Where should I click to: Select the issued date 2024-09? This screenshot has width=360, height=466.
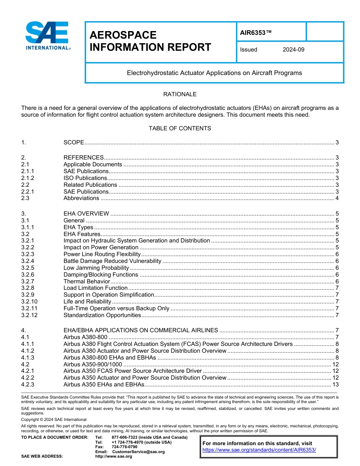click(293, 50)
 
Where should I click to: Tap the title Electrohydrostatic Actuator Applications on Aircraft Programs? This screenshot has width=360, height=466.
click(214, 73)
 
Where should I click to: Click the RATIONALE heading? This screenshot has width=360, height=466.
click(180, 94)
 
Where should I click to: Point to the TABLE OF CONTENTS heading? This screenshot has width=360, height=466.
click(180, 128)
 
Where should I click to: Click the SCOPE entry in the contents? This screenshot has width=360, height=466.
click(74, 142)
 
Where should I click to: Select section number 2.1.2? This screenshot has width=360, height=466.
click(28, 178)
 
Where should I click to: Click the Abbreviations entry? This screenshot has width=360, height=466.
click(81, 198)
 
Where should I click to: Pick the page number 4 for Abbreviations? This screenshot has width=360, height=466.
click(337, 198)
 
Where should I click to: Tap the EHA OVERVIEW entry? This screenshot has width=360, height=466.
click(86, 214)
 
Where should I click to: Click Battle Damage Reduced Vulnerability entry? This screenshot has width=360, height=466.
click(112, 261)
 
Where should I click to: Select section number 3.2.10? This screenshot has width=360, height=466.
click(29, 302)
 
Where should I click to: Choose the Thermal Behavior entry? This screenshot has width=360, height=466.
click(86, 281)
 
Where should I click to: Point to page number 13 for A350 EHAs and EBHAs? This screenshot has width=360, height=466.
click(335, 385)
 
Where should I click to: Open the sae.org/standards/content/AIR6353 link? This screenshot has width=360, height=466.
click(259, 450)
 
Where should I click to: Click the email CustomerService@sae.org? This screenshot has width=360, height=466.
click(138, 452)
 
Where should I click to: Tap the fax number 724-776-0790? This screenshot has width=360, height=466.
click(124, 447)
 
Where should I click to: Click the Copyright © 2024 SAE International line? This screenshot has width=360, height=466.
click(54, 419)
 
